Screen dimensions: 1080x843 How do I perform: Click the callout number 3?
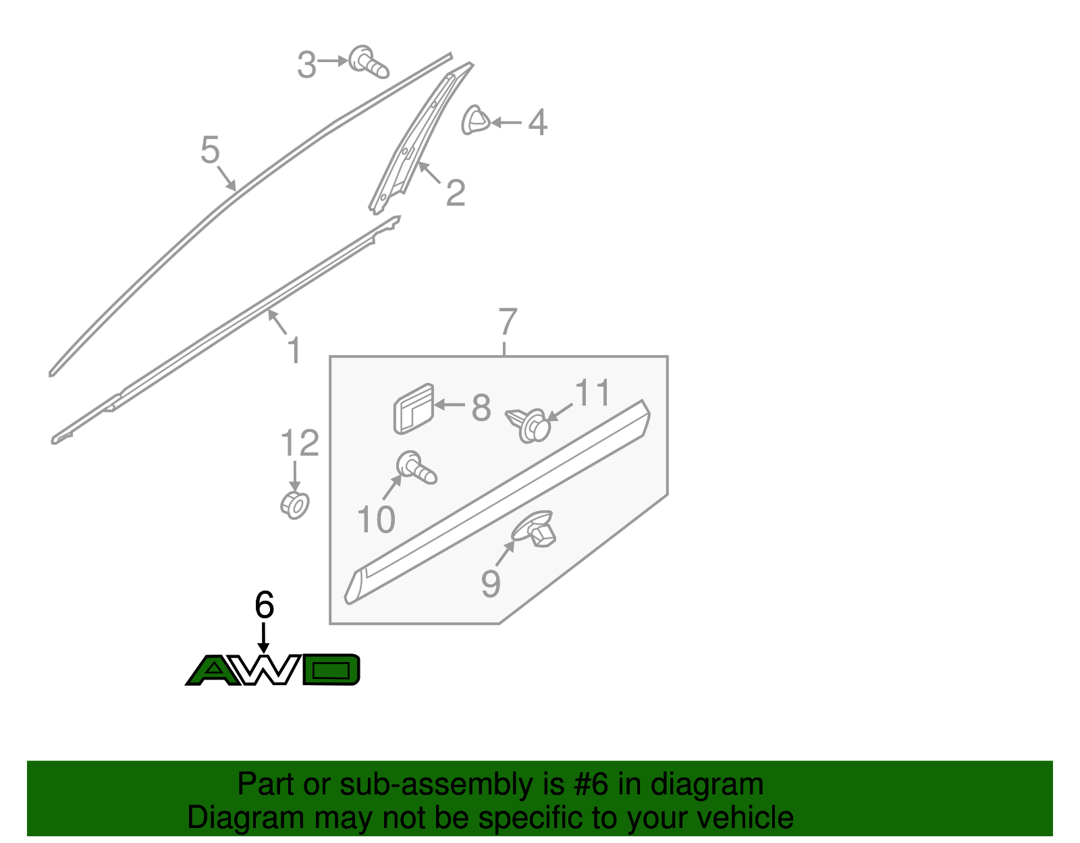tap(306, 65)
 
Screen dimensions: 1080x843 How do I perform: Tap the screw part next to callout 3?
tap(369, 63)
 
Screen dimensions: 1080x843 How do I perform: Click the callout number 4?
tap(537, 122)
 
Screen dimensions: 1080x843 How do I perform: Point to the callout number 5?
tap(210, 150)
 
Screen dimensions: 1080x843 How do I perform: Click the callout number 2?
tap(455, 193)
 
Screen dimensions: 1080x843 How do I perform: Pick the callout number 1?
tap(294, 350)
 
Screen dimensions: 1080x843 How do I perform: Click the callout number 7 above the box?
tap(508, 321)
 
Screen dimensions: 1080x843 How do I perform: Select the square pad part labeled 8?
tap(414, 409)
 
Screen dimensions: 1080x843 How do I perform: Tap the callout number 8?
tap(481, 408)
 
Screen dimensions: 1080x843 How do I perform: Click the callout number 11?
tap(592, 392)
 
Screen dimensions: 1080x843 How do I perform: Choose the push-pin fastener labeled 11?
tap(529, 425)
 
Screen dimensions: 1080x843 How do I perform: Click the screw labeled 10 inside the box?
tap(416, 468)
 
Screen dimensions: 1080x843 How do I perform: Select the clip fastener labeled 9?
tap(534, 528)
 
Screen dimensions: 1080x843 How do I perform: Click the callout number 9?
tap(491, 584)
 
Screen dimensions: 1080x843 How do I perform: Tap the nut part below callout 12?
tap(295, 506)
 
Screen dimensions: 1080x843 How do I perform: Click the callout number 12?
tap(299, 443)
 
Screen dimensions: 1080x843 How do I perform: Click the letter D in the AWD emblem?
tap(331, 670)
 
